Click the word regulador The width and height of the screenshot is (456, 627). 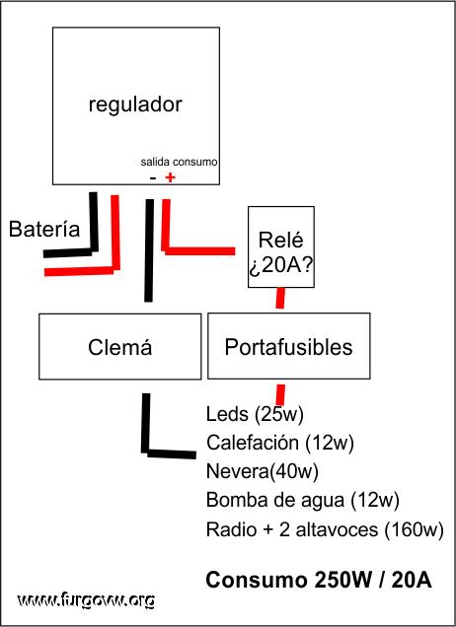[135, 104]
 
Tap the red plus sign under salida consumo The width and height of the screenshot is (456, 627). [170, 177]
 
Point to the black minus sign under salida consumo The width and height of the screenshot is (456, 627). [153, 177]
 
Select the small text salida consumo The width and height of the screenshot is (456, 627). [179, 162]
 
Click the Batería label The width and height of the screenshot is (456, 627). [44, 229]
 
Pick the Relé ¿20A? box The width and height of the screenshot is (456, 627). [281, 246]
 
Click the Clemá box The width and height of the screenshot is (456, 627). [120, 346]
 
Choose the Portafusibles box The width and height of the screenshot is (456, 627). [288, 346]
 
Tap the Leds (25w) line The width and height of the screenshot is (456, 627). [255, 414]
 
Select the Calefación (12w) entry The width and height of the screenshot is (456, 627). [280, 443]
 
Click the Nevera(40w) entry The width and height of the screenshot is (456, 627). [263, 471]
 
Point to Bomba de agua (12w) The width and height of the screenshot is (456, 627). [303, 500]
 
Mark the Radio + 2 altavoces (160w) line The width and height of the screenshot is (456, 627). [325, 529]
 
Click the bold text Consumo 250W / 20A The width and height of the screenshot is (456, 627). [319, 580]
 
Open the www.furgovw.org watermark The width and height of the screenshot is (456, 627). [86, 600]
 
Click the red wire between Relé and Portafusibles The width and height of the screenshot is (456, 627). [280, 298]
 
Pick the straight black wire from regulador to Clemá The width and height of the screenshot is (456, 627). [149, 250]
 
